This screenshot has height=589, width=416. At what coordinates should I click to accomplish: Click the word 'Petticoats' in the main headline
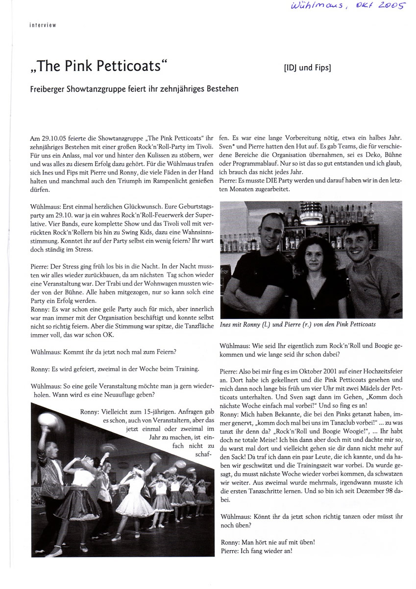128,66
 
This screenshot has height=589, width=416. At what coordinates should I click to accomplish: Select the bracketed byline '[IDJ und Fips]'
308,68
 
